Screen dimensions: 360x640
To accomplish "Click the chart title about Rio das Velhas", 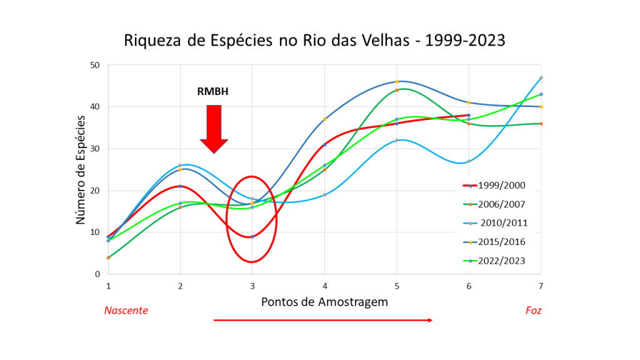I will [x=314, y=41].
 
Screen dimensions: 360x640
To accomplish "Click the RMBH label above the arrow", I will [x=213, y=92].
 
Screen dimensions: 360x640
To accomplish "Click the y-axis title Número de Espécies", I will [x=81, y=169].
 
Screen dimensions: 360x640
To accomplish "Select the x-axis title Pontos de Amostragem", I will [x=324, y=302].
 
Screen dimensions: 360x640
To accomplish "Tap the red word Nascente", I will [x=126, y=310].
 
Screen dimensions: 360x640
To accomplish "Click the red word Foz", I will [x=533, y=310].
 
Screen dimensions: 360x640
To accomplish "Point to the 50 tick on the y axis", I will [x=95, y=65].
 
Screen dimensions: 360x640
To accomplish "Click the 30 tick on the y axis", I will [x=95, y=149].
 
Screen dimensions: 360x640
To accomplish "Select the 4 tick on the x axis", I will [x=324, y=286].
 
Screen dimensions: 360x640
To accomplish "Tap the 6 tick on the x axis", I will [x=469, y=286].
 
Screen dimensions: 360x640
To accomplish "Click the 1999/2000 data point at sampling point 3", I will [x=252, y=237].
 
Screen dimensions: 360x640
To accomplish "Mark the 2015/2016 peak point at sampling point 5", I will [x=397, y=82].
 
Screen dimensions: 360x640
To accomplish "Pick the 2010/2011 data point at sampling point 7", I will [x=541, y=78].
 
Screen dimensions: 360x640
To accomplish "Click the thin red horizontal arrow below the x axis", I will [x=323, y=320].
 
